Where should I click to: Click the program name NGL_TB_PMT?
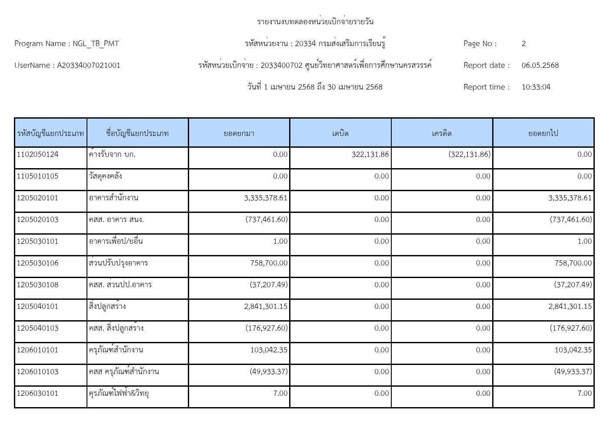tap(96, 43)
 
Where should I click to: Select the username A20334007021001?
tap(89, 65)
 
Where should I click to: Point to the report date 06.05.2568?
tap(540, 65)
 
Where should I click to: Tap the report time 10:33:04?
tap(536, 87)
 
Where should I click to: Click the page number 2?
tap(523, 43)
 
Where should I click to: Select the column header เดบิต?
tap(340, 133)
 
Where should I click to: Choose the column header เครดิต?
tap(442, 133)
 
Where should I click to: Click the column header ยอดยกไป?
tap(543, 133)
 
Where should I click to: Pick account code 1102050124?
tap(37, 154)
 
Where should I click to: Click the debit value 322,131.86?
tap(370, 154)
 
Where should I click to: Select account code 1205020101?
tap(37, 198)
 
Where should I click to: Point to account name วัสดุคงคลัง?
tap(105, 176)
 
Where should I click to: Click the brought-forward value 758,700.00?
tap(269, 263)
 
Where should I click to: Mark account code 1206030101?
tap(37, 393)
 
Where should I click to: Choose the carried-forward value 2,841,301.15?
tap(570, 306)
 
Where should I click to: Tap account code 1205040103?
tap(37, 328)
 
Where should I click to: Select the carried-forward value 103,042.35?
tap(573, 350)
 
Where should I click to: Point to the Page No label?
tap(480, 43)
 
